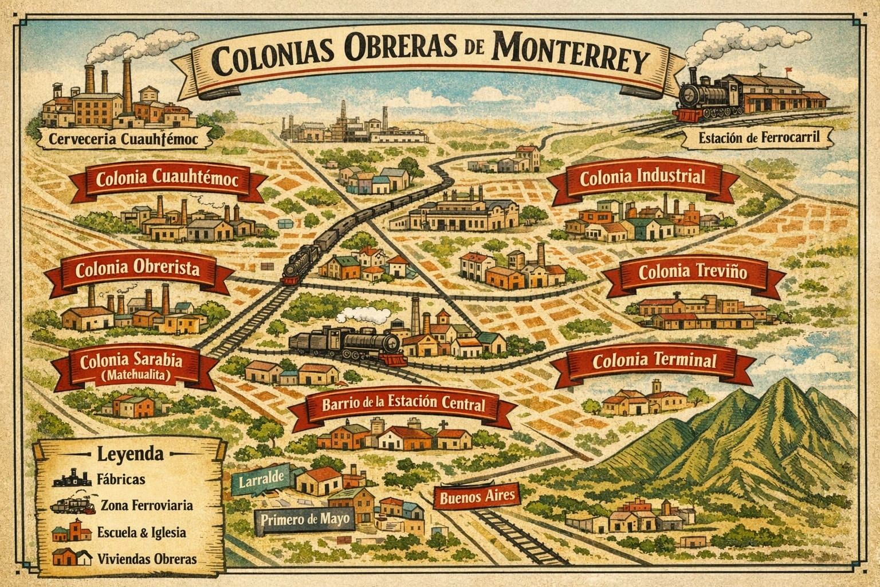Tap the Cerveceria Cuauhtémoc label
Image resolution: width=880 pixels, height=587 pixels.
point(123,138)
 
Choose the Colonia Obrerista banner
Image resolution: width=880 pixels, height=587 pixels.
point(137,270)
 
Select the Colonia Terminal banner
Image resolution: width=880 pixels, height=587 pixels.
point(654,362)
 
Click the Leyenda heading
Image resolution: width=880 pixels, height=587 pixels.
point(130,455)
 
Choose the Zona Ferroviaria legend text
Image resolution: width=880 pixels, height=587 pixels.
point(147,506)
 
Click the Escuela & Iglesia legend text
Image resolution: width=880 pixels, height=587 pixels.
point(142,533)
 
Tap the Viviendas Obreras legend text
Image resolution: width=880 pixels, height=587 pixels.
point(147,559)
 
